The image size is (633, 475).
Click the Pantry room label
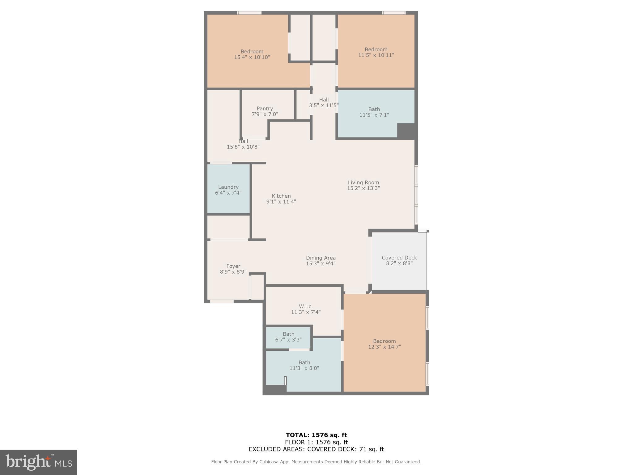[x=265, y=109]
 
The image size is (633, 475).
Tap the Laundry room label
[x=228, y=187]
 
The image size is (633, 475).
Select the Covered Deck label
[x=399, y=258]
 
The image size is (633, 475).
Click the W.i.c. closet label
[x=306, y=306]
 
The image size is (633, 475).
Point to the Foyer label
[x=233, y=266]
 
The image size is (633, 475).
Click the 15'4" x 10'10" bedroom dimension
[x=252, y=57]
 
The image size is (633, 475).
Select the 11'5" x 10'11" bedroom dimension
[x=376, y=55]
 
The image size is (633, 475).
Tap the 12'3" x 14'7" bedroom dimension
[x=384, y=347]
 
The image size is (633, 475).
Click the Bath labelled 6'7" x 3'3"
[x=288, y=334]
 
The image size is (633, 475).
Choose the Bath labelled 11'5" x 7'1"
[x=374, y=109]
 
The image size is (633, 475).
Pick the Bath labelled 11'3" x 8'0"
[x=304, y=362]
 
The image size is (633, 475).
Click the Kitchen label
[x=281, y=196]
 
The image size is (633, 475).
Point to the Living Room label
[x=363, y=182]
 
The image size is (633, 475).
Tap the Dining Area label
[x=321, y=258]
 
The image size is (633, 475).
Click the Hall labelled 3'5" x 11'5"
[x=324, y=100]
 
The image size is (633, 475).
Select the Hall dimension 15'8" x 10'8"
[x=243, y=147]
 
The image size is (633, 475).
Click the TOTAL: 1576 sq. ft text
[x=316, y=435]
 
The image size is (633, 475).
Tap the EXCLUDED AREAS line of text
[x=316, y=449]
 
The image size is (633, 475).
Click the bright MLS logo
[x=39, y=462]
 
